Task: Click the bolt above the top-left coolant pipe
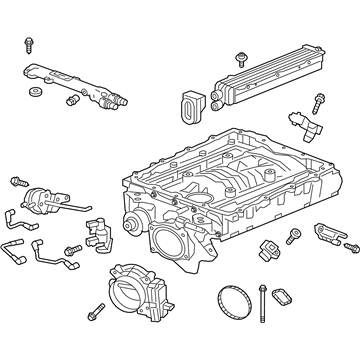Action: tap(28, 45)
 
